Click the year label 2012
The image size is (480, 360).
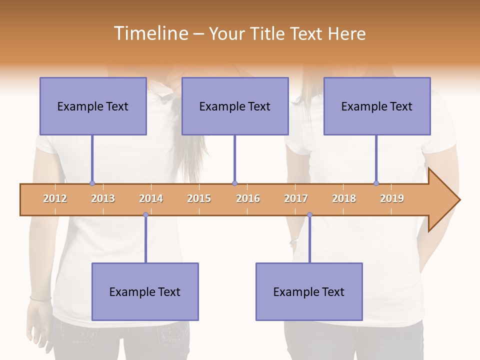[x=55, y=198]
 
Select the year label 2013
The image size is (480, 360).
[x=103, y=198]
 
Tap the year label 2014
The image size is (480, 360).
[x=151, y=198]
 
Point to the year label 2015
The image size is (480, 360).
[x=199, y=198]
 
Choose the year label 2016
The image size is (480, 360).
[x=248, y=198]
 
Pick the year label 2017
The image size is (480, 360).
[x=296, y=198]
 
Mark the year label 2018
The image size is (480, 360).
[x=344, y=198]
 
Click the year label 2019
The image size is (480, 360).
[x=392, y=198]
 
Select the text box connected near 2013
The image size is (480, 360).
[x=93, y=106]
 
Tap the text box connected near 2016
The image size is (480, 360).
[x=235, y=106]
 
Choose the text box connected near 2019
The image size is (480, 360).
[x=377, y=106]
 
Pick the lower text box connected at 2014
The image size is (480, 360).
[x=145, y=291]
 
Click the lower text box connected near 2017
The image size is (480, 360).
[x=309, y=291]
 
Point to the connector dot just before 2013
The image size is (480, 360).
[x=92, y=183]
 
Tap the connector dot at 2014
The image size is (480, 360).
[x=145, y=215]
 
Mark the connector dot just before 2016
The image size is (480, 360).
[x=234, y=183]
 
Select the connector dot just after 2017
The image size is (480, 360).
[x=309, y=215]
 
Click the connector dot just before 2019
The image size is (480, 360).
[x=376, y=183]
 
